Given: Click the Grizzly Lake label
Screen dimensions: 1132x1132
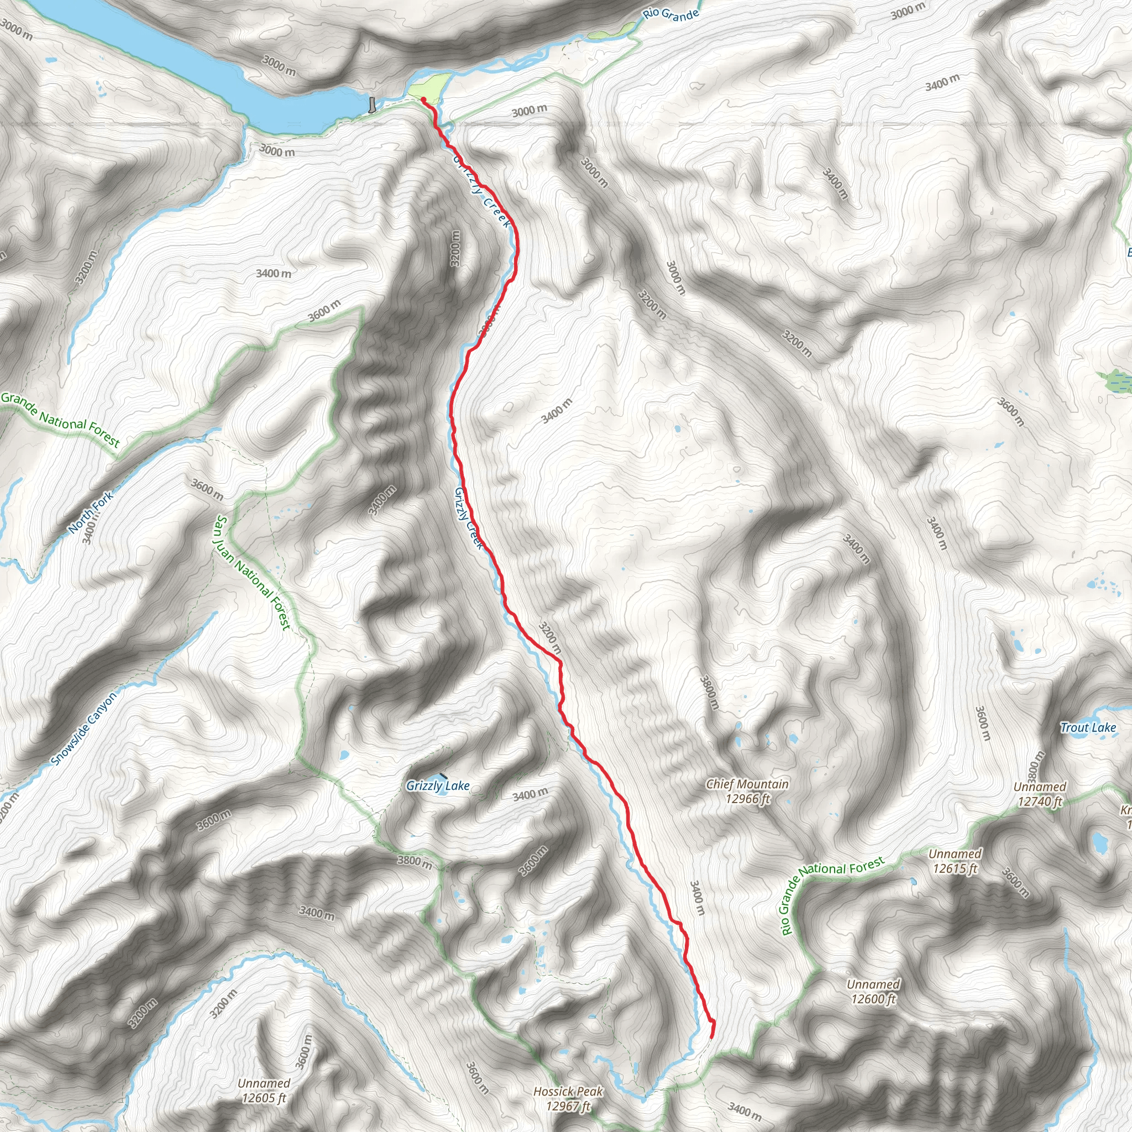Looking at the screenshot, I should click(x=438, y=786).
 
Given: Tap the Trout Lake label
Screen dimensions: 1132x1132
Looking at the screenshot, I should click(x=1088, y=728).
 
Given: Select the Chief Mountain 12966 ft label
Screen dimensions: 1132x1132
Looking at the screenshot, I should click(x=747, y=791).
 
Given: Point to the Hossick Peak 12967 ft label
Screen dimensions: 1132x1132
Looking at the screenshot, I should click(x=568, y=1099).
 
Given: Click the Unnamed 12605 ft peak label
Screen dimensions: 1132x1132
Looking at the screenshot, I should click(x=264, y=1091).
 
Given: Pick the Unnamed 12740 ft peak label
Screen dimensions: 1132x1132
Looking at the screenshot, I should click(x=1040, y=794).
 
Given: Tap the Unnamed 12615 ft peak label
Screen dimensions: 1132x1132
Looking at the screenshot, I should click(x=955, y=861).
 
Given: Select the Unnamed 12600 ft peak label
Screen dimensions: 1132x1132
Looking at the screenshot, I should click(x=873, y=992).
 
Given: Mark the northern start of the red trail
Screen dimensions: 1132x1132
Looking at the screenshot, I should click(x=422, y=99).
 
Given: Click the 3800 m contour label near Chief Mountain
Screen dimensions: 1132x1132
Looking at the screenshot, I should click(x=709, y=692).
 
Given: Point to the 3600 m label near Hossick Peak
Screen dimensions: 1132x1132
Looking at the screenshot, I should click(x=476, y=1077).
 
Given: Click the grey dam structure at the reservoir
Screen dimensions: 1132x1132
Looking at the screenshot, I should click(x=372, y=104).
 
